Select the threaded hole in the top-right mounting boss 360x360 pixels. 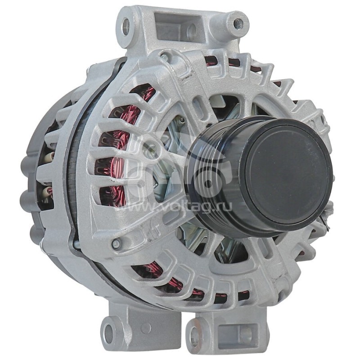(x=238, y=24)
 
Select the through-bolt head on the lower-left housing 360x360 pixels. (x=116, y=244)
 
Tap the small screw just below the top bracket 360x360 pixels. (x=165, y=58)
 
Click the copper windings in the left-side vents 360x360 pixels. (x=118, y=148)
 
